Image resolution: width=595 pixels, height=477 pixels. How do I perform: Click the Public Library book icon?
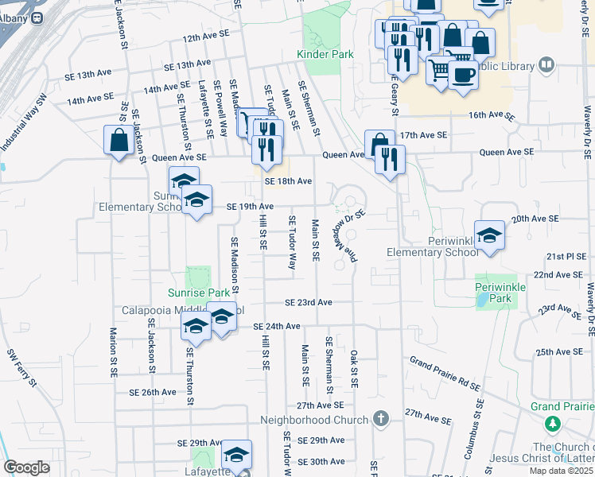(x=546, y=64)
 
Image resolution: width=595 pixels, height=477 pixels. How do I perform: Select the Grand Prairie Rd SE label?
(x=445, y=374)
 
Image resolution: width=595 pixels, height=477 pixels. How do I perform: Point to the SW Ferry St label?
(x=22, y=367)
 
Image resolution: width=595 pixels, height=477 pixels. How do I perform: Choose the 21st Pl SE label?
(x=565, y=258)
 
